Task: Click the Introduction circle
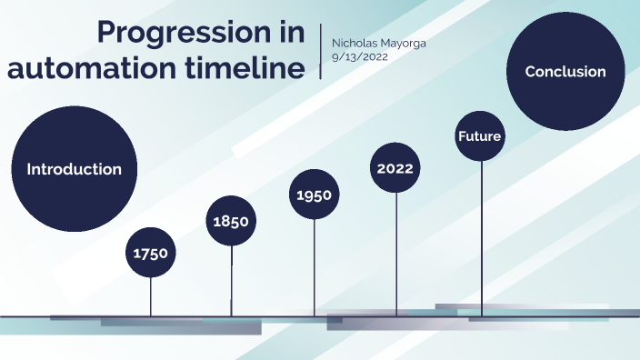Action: click(74, 169)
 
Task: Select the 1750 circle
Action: click(151, 253)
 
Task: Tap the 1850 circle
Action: click(231, 221)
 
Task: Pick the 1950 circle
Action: click(315, 195)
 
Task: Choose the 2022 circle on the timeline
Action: click(395, 168)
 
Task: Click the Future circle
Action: click(480, 136)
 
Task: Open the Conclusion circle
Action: click(565, 72)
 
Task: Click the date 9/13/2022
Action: click(360, 56)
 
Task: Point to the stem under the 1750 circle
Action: click(151, 296)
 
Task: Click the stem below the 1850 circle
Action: click(231, 282)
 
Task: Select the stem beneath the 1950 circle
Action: click(315, 268)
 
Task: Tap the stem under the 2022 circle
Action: click(396, 255)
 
